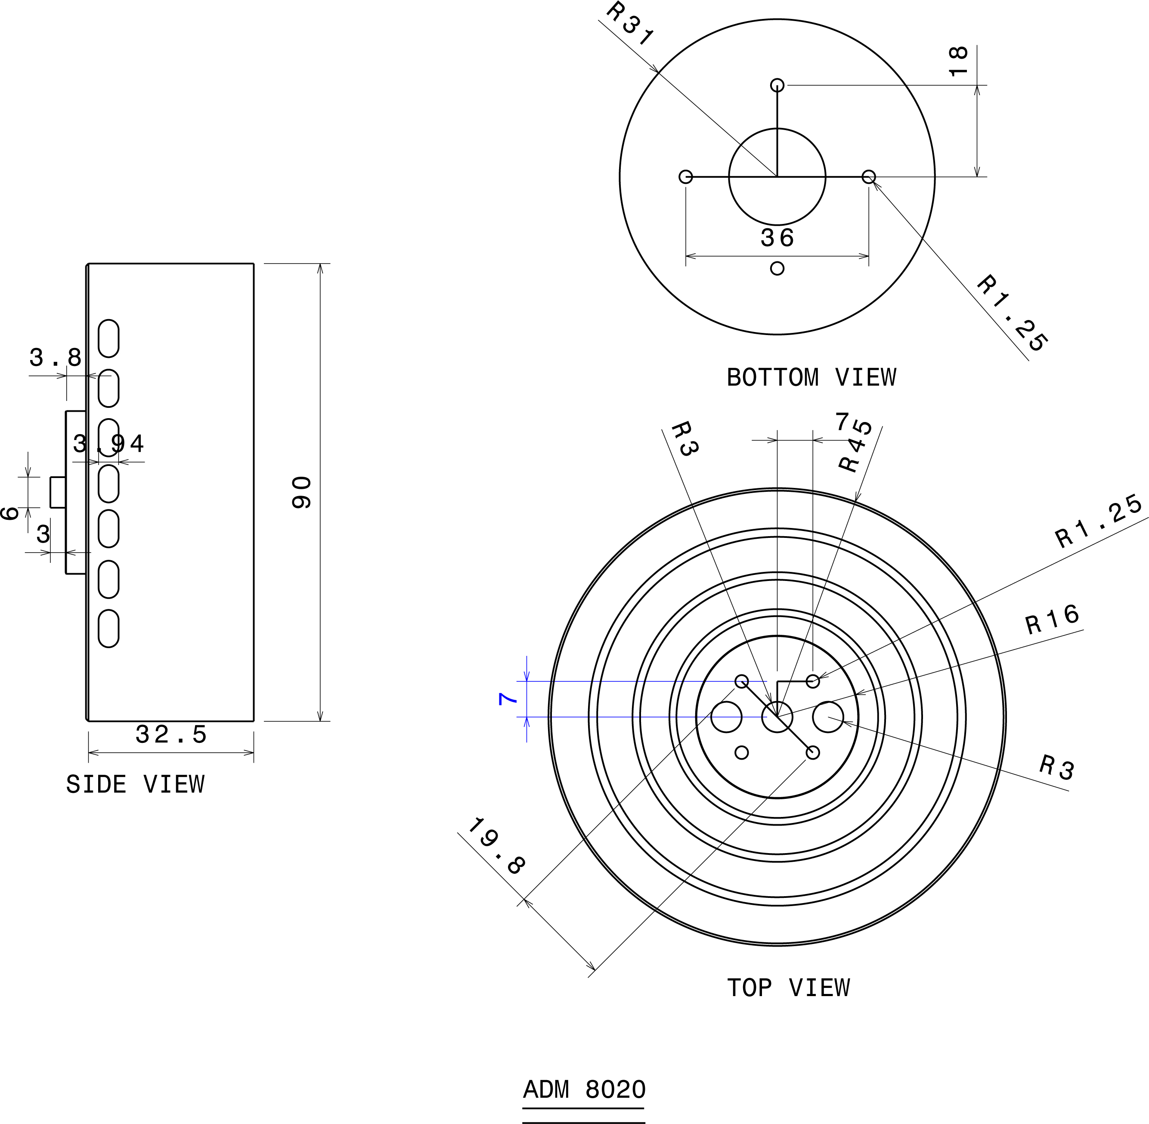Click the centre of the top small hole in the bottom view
click(777, 85)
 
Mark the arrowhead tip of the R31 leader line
click(659, 73)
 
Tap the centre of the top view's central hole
click(777, 717)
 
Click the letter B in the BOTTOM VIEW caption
click(734, 378)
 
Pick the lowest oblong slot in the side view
click(108, 629)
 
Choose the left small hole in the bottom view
click(686, 177)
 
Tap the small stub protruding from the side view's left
click(58, 492)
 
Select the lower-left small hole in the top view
click(742, 753)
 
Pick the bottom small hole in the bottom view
click(777, 269)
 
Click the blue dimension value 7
click(508, 699)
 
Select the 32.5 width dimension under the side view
click(171, 735)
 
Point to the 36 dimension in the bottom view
click(777, 238)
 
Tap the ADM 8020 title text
click(584, 1090)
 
